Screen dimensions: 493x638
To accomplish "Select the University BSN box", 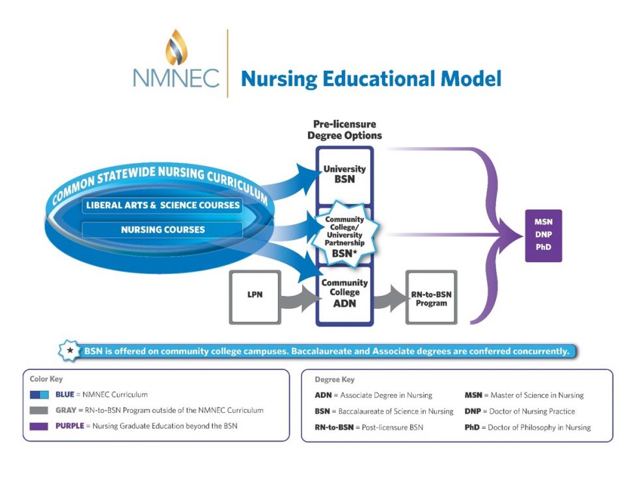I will [344, 174].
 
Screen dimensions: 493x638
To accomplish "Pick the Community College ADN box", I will [344, 293].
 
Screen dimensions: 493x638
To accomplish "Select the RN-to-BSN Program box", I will [431, 298].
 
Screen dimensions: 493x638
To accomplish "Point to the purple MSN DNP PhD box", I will [543, 235].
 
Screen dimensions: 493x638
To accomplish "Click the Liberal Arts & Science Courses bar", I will [163, 206].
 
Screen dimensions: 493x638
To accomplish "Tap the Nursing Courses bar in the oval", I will [163, 230].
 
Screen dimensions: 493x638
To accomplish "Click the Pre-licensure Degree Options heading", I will [344, 129].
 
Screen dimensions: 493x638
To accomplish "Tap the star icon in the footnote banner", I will [70, 351].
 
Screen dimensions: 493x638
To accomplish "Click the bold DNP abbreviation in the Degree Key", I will [474, 411].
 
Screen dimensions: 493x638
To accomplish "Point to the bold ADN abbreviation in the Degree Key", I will [324, 395].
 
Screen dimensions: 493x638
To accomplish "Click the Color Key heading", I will [46, 379].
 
